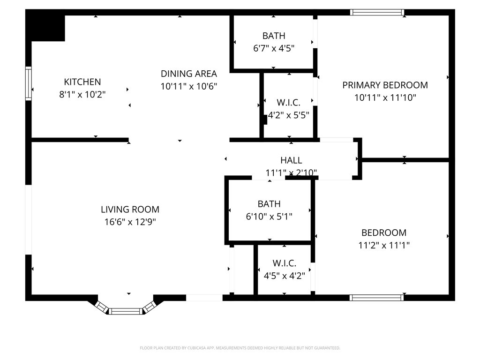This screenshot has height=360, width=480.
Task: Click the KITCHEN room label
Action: (82, 82)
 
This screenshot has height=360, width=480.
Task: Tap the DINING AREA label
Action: (189, 74)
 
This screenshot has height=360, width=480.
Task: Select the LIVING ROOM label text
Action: (130, 210)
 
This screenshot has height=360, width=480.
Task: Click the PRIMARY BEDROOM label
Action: (385, 85)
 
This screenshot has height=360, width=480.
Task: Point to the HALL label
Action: (291, 160)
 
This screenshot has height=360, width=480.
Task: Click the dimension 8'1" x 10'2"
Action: (82, 94)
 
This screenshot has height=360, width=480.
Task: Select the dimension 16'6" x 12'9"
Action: (130, 222)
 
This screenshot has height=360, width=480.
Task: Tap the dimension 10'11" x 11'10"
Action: (385, 97)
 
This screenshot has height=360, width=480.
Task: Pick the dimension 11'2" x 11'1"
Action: (383, 245)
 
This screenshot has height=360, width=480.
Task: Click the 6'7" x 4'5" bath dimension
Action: (273, 48)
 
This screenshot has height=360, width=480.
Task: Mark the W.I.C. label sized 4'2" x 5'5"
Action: (288, 102)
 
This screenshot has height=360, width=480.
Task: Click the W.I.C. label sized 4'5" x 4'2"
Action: (285, 263)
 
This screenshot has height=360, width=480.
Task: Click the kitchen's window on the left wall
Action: (29, 83)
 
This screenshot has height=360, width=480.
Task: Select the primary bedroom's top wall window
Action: (377, 12)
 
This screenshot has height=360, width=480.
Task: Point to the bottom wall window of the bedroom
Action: (377, 297)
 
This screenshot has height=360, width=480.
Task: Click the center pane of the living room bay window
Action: (126, 311)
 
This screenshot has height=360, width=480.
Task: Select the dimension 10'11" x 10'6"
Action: (189, 86)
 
